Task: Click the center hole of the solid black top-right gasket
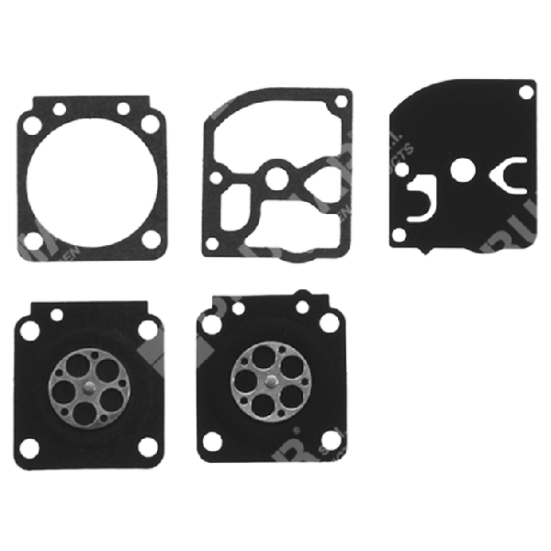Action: [x=465, y=167]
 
